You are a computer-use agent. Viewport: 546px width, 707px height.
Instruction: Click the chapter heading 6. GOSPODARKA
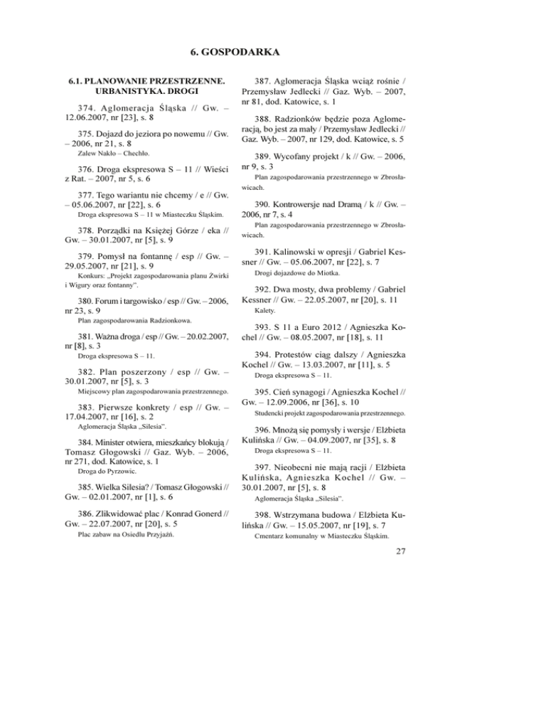(x=272, y=52)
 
